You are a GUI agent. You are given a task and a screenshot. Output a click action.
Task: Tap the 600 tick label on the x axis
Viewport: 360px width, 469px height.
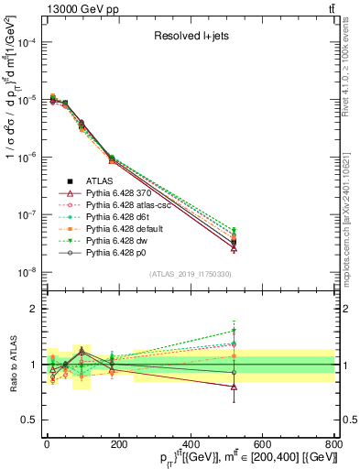click(x=261, y=444)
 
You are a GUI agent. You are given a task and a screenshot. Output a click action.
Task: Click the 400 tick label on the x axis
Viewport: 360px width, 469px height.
click(x=190, y=444)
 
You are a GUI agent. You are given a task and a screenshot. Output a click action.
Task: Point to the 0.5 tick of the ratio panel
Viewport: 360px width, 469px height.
click(x=32, y=420)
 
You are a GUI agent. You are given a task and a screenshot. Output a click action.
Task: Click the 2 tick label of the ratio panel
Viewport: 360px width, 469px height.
click(x=35, y=309)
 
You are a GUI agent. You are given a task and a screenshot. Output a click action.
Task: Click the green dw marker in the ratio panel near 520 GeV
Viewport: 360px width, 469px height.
click(x=234, y=331)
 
